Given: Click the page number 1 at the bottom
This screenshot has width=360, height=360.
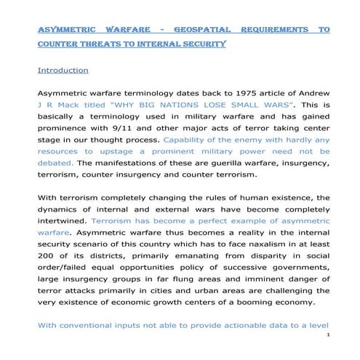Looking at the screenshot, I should coord(329,335).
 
